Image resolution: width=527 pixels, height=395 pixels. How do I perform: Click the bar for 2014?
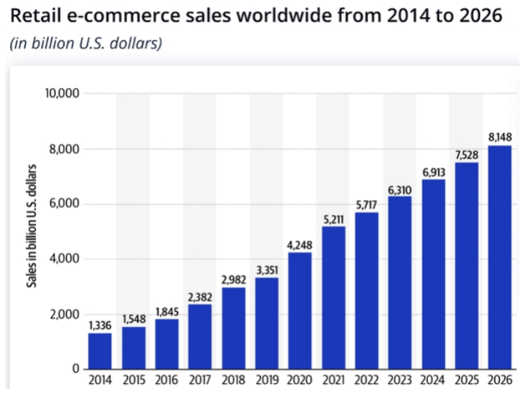coord(100,351)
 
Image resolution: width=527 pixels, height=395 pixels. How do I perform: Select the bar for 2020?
coord(300,311)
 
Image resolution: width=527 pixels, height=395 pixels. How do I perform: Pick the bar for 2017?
coord(199,336)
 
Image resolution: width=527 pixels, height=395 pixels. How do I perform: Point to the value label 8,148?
coord(500,138)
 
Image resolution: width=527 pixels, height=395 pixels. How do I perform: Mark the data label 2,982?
coord(233,280)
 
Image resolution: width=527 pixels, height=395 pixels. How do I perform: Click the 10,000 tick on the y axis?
coord(62,94)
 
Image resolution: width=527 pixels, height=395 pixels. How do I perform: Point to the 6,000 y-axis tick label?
coord(65,204)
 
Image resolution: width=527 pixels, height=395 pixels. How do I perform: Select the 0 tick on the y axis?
coord(76,369)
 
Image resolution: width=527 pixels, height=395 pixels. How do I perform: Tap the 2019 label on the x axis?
coord(267,381)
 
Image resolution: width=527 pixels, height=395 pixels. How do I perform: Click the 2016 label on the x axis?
coord(166,381)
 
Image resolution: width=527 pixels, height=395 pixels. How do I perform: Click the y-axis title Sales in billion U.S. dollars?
coord(33,232)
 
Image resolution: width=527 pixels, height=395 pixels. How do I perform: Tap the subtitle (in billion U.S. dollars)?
coord(85,43)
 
